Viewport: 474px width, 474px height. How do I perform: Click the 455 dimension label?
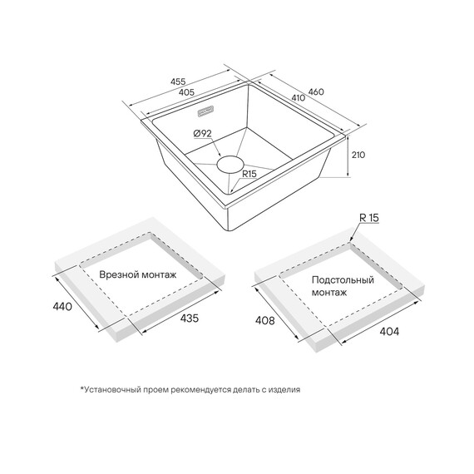pyautogui.click(x=178, y=81)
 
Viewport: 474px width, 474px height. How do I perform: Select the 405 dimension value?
pyautogui.click(x=186, y=92)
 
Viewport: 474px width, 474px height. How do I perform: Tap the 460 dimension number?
pyautogui.click(x=316, y=91)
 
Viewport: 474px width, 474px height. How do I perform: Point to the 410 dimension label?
pyautogui.click(x=298, y=97)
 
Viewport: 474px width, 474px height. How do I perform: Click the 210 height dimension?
pyautogui.click(x=358, y=155)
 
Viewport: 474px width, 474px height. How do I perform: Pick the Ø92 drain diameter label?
pyautogui.click(x=202, y=133)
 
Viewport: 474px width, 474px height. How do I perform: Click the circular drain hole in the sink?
pyautogui.click(x=230, y=165)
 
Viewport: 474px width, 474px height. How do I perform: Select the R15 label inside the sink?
pyautogui.click(x=249, y=174)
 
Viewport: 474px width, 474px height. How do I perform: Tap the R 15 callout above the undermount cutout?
pyautogui.click(x=368, y=218)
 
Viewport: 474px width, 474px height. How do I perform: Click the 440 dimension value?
pyautogui.click(x=62, y=307)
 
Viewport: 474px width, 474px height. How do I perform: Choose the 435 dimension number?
pyautogui.click(x=190, y=318)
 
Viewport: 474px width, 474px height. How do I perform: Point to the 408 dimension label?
pyautogui.click(x=264, y=320)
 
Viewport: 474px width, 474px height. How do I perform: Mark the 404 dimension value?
pyautogui.click(x=389, y=331)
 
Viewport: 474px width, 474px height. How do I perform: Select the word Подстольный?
pyautogui.click(x=343, y=280)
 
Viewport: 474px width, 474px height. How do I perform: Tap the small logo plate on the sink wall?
pyautogui.click(x=205, y=111)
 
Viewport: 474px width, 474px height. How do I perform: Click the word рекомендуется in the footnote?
pyautogui.click(x=200, y=390)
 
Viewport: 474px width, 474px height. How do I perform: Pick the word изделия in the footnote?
pyautogui.click(x=285, y=390)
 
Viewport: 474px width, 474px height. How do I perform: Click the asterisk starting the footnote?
pyautogui.click(x=81, y=388)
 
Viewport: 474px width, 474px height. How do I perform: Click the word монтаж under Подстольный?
pyautogui.click(x=329, y=293)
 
